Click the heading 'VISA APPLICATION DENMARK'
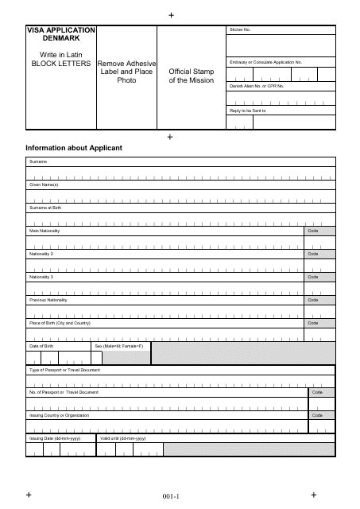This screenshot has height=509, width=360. click(60, 33)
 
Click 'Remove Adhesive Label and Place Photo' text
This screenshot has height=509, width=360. click(126, 72)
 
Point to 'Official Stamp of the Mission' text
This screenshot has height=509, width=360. click(192, 76)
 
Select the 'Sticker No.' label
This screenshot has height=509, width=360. click(240, 29)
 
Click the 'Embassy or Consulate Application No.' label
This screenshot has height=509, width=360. click(265, 61)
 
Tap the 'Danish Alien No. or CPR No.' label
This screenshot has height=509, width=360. click(256, 85)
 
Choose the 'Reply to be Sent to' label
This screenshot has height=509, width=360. click(247, 110)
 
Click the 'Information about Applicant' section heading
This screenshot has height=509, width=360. click(74, 147)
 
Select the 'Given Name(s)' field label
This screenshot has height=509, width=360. click(45, 185)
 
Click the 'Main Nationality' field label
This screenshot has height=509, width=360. click(45, 231)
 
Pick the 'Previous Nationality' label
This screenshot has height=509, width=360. click(48, 301)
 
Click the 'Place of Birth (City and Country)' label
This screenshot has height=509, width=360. click(60, 324)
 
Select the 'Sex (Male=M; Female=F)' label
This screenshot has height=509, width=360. click(119, 347)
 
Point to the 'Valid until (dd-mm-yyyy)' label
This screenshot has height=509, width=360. click(123, 439)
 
